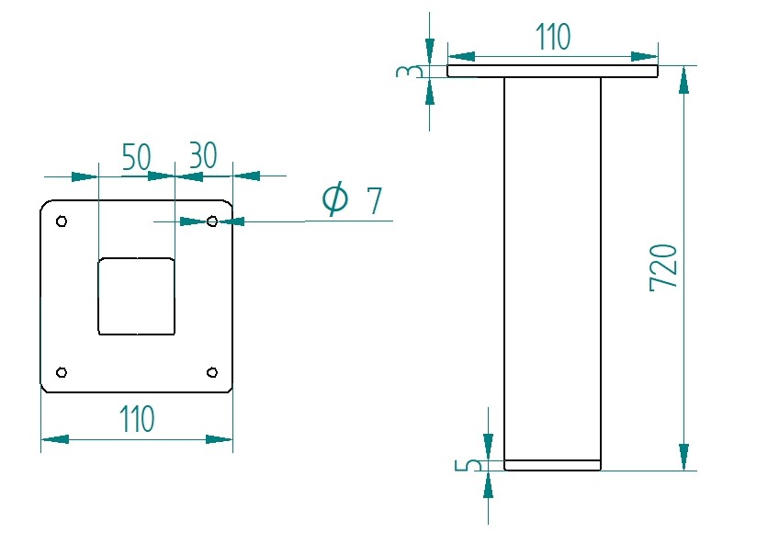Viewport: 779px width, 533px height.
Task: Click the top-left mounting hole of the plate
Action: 62,221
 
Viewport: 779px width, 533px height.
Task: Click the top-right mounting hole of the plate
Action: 212,221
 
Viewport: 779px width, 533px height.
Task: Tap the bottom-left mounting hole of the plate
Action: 62,372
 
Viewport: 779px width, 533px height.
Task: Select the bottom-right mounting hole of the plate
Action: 212,372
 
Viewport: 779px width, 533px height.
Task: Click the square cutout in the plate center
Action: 136,296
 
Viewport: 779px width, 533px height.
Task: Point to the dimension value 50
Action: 136,156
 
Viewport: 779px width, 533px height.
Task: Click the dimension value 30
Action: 202,156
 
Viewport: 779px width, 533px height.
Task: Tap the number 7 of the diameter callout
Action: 373,200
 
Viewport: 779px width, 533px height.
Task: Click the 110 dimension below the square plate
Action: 136,419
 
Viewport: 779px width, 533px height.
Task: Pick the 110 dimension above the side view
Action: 552,37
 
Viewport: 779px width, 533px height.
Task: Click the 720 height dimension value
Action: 663,267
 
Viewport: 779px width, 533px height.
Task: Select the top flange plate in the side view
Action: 552,71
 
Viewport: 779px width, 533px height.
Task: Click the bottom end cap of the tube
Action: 552,465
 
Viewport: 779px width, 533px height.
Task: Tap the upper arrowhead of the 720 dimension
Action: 683,80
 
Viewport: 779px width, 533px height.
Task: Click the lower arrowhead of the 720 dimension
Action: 683,457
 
